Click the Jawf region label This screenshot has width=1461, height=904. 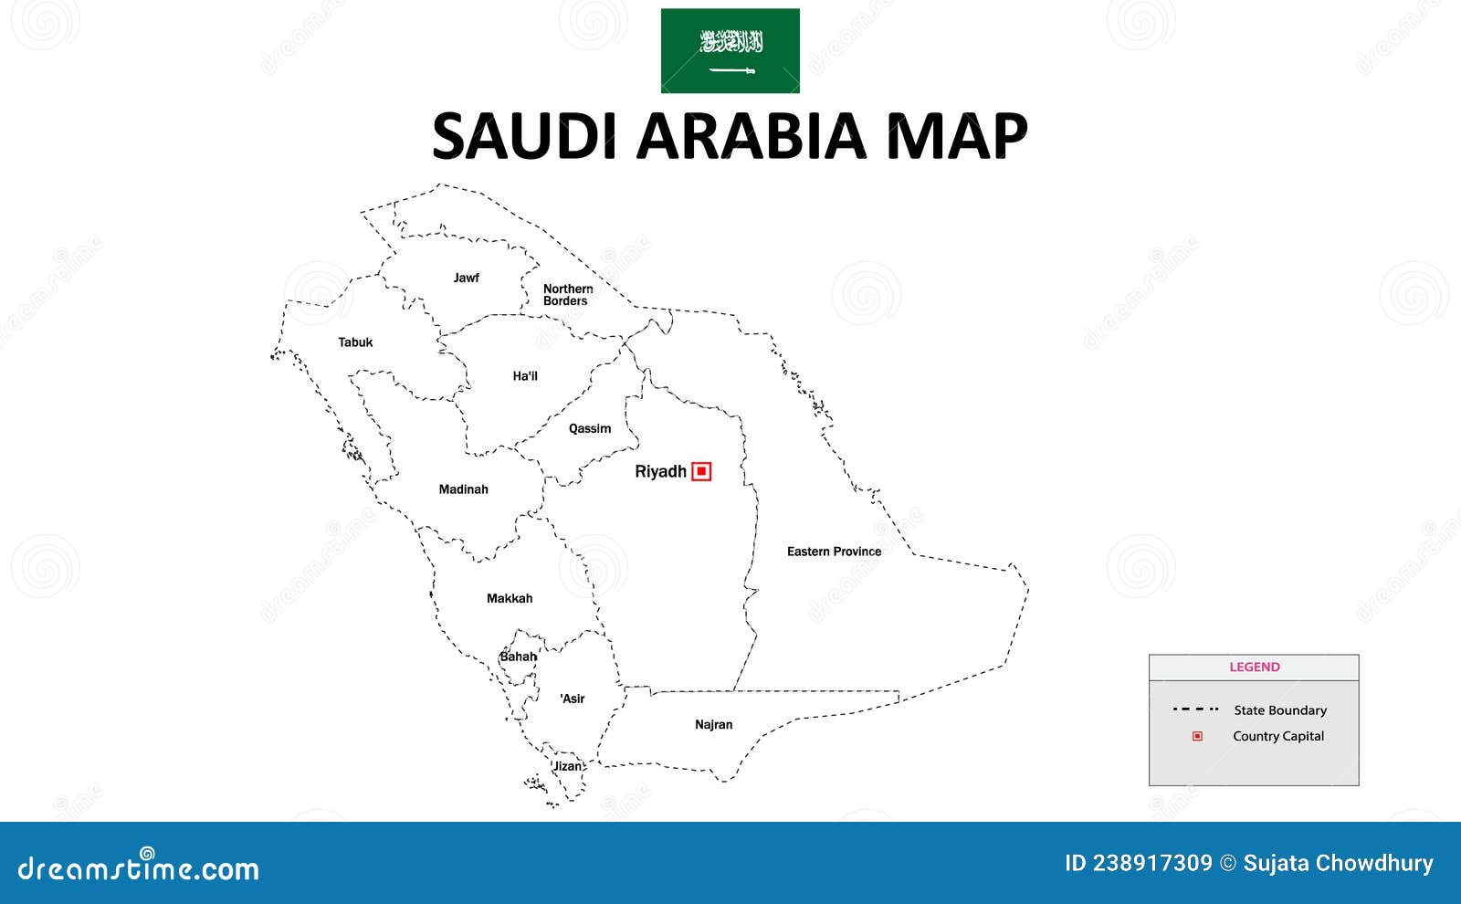pyautogui.click(x=466, y=278)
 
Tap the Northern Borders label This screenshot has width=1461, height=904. pyautogui.click(x=567, y=295)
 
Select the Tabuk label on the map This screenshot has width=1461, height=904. pyautogui.click(x=355, y=342)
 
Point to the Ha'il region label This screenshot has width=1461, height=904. pyautogui.click(x=525, y=376)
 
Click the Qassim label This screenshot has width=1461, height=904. pyautogui.click(x=590, y=428)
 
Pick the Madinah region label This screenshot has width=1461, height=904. pyautogui.click(x=463, y=489)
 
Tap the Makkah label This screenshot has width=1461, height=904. pyautogui.click(x=510, y=599)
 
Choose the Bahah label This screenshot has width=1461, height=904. pyautogui.click(x=519, y=657)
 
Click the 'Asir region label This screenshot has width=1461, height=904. pyautogui.click(x=573, y=699)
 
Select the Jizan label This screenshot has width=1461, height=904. pyautogui.click(x=568, y=766)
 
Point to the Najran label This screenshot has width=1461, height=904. pyautogui.click(x=713, y=725)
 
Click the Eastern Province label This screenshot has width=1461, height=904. pyautogui.click(x=834, y=552)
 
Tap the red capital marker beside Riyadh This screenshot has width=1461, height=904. pyautogui.click(x=701, y=471)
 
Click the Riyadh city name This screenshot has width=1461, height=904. pyautogui.click(x=660, y=471)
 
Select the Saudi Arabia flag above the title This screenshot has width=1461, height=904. pyautogui.click(x=730, y=51)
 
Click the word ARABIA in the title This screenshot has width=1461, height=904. pyautogui.click(x=750, y=136)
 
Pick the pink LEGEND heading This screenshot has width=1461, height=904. pyautogui.click(x=1255, y=667)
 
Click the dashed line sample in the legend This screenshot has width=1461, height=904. pyautogui.click(x=1195, y=710)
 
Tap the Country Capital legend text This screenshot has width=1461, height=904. pyautogui.click(x=1277, y=736)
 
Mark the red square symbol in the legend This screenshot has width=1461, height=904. pyautogui.click(x=1197, y=736)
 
